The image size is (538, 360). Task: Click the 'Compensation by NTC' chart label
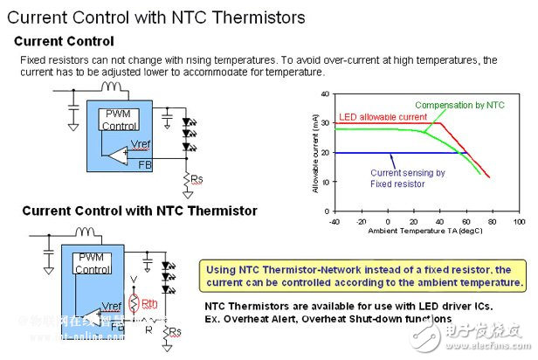click(460, 105)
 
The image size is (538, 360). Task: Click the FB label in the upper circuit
click(145, 163)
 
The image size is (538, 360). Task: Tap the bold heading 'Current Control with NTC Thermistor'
click(140, 211)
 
